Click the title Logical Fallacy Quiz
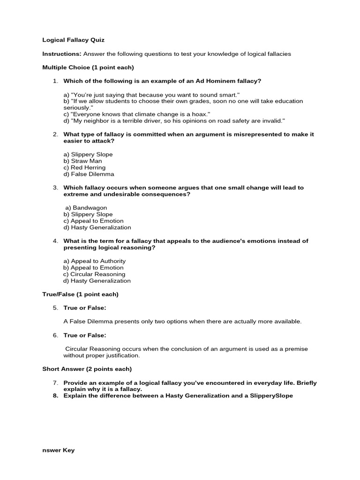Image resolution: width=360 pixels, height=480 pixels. click(x=70, y=40)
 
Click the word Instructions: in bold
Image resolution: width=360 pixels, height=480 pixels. click(x=62, y=54)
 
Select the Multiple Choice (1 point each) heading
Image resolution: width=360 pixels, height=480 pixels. click(x=88, y=67)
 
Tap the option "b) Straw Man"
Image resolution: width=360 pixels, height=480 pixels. click(x=82, y=161)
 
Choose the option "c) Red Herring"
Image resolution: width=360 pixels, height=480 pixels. click(x=84, y=167)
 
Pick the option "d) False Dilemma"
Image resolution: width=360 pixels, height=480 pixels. click(x=89, y=174)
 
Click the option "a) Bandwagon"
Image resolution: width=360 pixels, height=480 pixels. click(x=86, y=208)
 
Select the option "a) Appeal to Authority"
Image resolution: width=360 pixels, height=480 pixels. click(x=95, y=261)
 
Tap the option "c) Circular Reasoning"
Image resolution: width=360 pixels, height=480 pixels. click(x=94, y=274)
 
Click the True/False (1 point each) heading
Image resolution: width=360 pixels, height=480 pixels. click(x=80, y=294)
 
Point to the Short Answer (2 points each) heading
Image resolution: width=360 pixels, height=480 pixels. click(x=87, y=369)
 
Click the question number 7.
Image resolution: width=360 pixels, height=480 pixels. click(x=55, y=383)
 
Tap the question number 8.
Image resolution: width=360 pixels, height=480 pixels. click(x=55, y=396)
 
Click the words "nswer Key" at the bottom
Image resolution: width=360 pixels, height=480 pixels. click(x=58, y=450)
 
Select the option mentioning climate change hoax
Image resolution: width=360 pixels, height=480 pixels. click(x=137, y=114)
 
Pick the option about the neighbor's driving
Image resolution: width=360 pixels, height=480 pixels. click(x=174, y=120)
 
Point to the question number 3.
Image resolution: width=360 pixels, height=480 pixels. click(x=55, y=187)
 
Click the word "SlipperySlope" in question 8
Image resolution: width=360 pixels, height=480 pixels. click(x=270, y=396)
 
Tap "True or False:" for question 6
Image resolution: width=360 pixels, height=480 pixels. click(x=85, y=335)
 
